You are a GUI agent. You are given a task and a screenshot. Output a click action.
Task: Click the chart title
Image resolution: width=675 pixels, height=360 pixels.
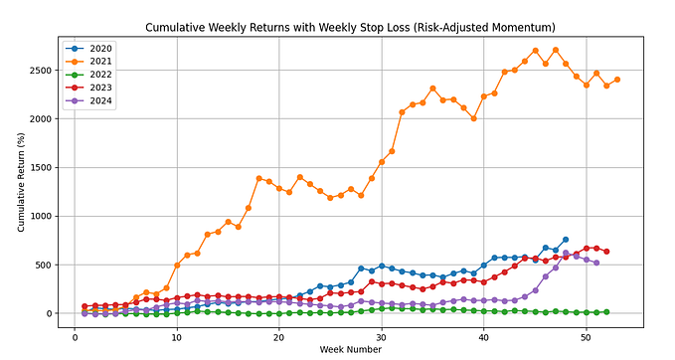349,27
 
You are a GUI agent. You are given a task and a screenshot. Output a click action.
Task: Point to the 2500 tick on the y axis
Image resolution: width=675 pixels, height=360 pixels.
42,71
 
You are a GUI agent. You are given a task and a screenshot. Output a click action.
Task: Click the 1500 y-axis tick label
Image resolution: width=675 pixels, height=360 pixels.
42,168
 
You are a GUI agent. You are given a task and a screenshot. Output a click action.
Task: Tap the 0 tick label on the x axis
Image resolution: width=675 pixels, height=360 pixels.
75,338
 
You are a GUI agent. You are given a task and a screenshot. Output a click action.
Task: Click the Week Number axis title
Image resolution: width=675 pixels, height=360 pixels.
349,351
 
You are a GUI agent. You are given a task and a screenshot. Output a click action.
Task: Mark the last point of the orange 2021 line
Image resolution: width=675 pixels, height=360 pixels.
616,80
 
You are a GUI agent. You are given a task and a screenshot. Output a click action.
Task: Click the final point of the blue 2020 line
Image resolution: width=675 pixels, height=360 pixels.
566,240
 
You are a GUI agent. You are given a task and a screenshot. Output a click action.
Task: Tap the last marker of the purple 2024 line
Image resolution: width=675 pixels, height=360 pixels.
596,263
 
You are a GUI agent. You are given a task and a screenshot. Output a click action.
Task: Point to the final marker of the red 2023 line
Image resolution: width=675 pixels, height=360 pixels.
606,252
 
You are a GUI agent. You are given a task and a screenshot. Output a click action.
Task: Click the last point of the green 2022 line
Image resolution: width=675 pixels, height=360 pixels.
606,311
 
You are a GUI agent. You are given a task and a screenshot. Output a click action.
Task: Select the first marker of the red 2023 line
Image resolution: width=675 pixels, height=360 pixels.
84,306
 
